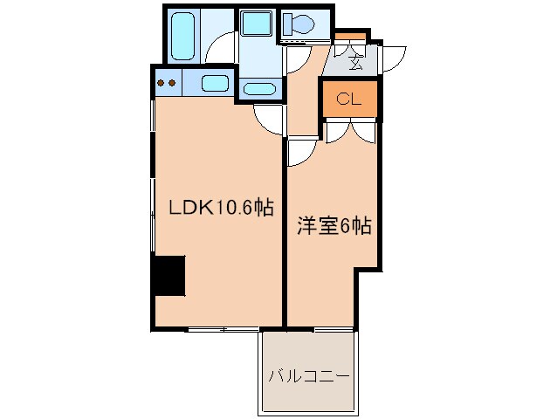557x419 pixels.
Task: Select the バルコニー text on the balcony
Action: point(308,377)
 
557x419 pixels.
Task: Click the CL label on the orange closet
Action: point(349,99)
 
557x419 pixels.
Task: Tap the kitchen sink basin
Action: point(215,84)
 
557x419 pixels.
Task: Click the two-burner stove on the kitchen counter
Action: point(166,84)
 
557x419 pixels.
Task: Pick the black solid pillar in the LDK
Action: point(169,276)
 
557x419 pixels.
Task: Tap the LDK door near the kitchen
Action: point(267,117)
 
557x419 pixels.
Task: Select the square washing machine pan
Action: point(257,25)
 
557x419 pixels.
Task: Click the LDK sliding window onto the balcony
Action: point(223,330)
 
